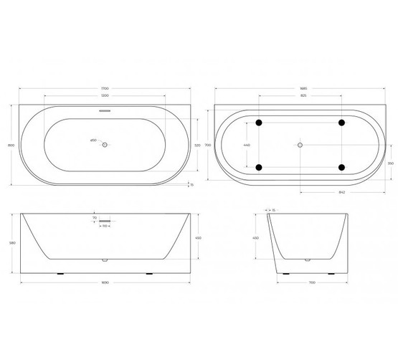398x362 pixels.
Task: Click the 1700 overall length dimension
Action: click(x=106, y=87)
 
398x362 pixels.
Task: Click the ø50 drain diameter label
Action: click(x=93, y=140)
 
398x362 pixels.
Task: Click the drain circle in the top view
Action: click(x=105, y=145)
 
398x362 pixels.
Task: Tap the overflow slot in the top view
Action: click(x=105, y=111)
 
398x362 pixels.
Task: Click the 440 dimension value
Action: click(x=247, y=145)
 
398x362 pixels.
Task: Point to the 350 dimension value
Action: click(x=390, y=163)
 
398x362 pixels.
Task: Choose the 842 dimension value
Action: click(x=342, y=192)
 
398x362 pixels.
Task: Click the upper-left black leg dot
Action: click(x=260, y=121)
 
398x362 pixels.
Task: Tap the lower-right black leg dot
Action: click(x=342, y=168)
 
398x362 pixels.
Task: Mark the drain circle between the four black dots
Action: click(x=300, y=145)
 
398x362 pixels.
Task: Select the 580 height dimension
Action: click(x=11, y=242)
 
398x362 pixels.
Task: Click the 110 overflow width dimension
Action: click(x=105, y=227)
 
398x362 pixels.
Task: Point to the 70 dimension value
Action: click(x=94, y=217)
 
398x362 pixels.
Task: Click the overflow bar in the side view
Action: click(x=105, y=221)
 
